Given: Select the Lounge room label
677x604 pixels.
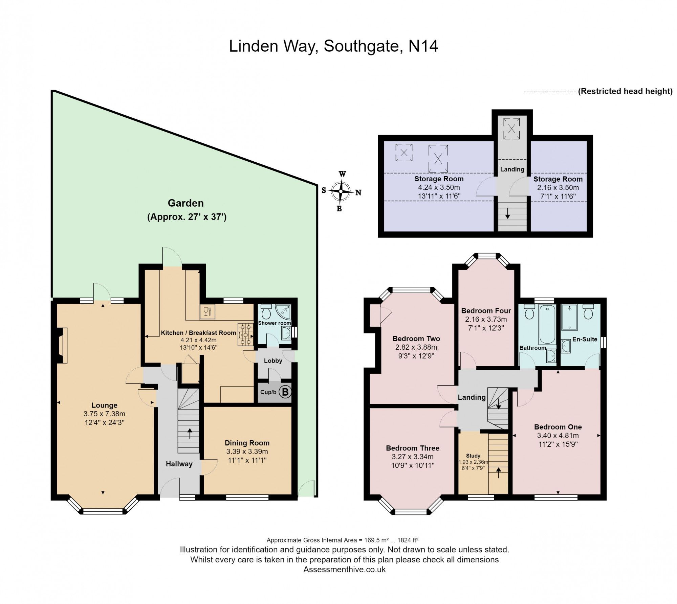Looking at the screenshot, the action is click(x=104, y=405).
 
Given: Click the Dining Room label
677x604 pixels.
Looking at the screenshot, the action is click(x=247, y=443).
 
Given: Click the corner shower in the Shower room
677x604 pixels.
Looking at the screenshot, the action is click(x=283, y=312).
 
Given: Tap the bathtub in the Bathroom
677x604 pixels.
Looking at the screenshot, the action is click(x=547, y=324).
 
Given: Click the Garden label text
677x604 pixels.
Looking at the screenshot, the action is click(x=186, y=203).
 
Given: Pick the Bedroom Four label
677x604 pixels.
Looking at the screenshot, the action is click(x=486, y=310).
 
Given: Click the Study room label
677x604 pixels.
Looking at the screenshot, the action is click(x=473, y=456).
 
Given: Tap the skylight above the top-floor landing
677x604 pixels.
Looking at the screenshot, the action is click(x=511, y=129).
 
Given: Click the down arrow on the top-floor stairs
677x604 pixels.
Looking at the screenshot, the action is click(x=508, y=213).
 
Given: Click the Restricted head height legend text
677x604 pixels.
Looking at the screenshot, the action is click(x=625, y=91).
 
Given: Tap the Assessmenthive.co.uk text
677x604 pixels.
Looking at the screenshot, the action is click(x=344, y=569).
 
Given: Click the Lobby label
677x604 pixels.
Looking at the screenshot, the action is click(x=273, y=361).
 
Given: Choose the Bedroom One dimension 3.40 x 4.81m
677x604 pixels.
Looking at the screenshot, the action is click(x=558, y=436).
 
